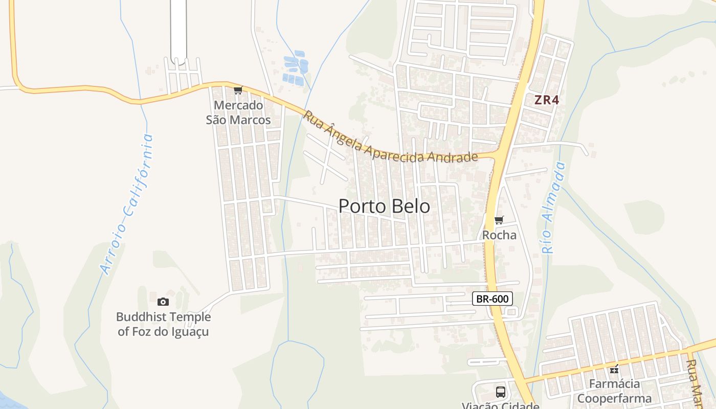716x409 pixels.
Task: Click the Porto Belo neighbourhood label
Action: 384,206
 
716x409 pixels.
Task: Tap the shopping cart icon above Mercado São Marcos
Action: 237,90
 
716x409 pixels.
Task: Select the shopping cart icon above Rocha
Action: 499,220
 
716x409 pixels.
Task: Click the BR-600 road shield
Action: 492,299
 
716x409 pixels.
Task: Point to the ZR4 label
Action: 547,100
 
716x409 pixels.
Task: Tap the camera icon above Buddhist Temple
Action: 163,302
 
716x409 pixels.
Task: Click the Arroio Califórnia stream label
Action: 127,204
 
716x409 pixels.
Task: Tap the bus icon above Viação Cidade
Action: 500,392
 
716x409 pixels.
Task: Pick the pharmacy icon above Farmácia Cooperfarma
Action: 614,369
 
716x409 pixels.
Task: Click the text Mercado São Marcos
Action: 238,112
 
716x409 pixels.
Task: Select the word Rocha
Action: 499,235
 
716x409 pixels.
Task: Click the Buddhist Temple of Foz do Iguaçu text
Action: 163,324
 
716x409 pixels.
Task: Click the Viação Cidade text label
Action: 500,405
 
